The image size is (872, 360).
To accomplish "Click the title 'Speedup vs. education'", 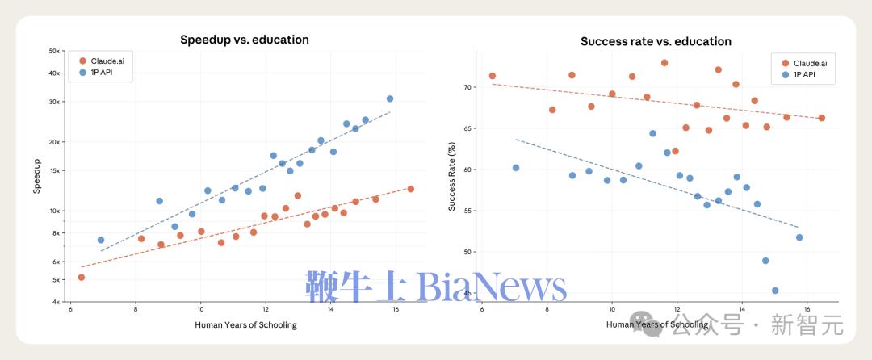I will coord(244,40).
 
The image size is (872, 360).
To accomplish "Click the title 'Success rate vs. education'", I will coord(656,41).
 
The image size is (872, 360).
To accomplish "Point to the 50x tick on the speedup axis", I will coord(55,51).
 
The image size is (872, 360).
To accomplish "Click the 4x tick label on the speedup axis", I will coord(57,302).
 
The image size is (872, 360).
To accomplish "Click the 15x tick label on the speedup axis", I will coord(55,170).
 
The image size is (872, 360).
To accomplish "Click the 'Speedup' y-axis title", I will coord(37,178).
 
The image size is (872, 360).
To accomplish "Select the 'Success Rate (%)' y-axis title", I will coord(452,177).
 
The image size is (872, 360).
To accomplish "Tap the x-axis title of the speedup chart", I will coord(245,325).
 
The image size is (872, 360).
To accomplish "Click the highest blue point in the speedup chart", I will coord(390,98).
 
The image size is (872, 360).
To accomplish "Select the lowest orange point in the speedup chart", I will coord(81,277).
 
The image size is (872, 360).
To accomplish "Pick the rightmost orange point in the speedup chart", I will coord(411,189).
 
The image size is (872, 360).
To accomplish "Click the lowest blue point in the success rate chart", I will coord(775,291).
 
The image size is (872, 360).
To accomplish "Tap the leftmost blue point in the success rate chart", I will coord(516,168).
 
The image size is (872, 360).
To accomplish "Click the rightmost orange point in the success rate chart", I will coord(822,118).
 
